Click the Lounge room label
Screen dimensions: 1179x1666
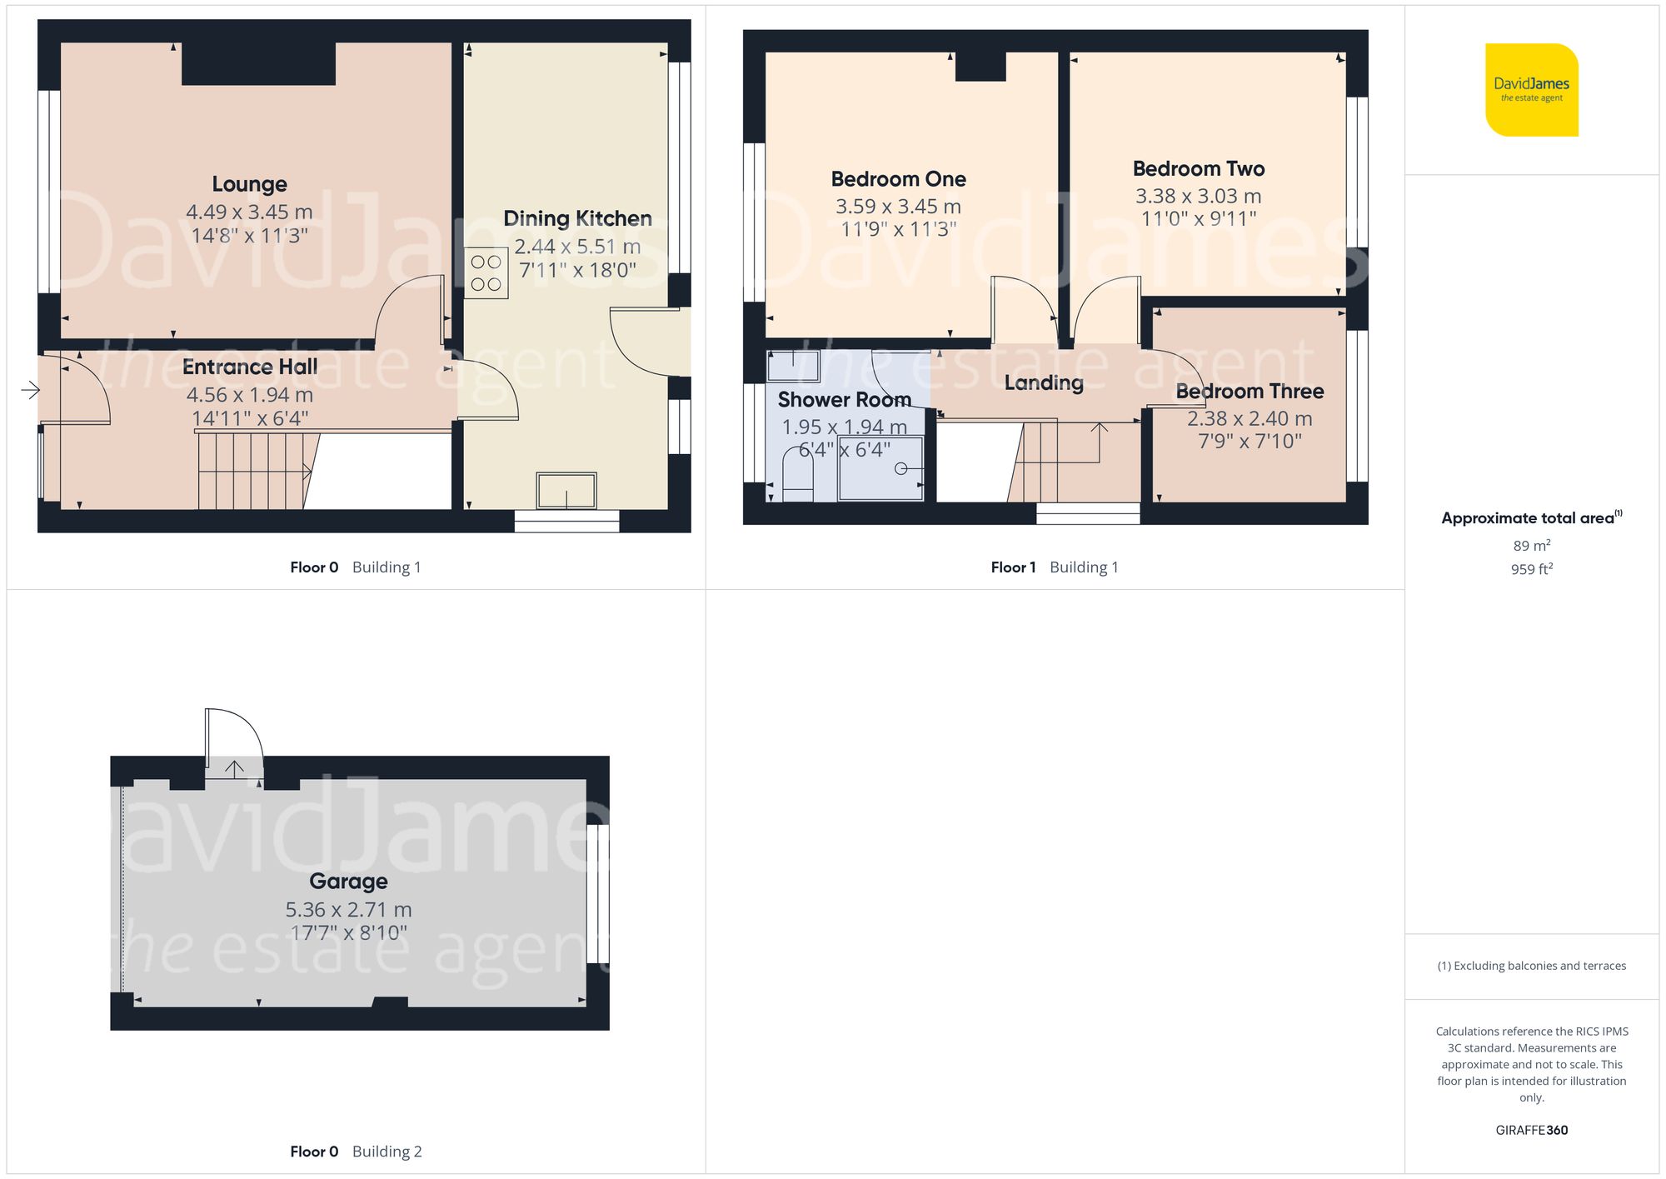click(249, 184)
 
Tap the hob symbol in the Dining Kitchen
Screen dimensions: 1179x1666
click(486, 273)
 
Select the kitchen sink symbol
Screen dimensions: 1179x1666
click(566, 491)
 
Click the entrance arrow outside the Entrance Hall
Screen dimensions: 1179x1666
click(30, 390)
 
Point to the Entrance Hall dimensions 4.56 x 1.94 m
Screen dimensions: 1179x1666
click(249, 395)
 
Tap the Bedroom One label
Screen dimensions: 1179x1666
click(898, 179)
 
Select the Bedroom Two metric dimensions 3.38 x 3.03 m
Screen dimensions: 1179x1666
click(1198, 197)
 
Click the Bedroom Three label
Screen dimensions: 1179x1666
click(1249, 392)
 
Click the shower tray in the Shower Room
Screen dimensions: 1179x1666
click(880, 468)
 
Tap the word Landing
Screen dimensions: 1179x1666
click(1043, 383)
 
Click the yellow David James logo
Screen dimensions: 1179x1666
click(1531, 90)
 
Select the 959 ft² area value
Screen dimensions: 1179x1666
click(1531, 569)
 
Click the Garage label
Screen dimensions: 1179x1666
click(348, 882)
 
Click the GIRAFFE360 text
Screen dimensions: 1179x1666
click(1531, 1131)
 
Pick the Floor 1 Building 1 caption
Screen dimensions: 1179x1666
click(1054, 567)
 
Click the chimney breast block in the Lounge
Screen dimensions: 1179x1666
click(258, 63)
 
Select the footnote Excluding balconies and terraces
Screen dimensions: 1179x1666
click(1531, 967)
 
